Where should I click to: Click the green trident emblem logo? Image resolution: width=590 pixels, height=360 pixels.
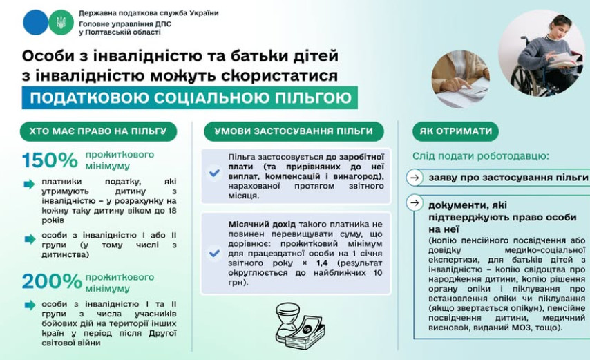coord(61,23)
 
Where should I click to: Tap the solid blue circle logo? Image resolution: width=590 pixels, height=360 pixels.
coord(35,23)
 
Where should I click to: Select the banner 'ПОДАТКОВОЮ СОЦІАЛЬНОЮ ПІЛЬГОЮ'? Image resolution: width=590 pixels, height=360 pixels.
coord(189,98)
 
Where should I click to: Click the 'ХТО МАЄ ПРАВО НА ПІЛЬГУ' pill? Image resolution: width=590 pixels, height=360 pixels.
coord(98,131)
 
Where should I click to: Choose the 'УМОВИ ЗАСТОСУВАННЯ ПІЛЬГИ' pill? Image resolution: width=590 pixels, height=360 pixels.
coord(294,131)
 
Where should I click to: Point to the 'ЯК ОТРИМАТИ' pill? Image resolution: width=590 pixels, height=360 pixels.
coord(456,131)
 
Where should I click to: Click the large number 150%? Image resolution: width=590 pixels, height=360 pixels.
coord(50,160)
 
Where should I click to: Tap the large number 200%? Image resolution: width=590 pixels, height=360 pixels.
coord(52,281)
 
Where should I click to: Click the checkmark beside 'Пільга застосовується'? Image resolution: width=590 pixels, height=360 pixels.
coord(214,173)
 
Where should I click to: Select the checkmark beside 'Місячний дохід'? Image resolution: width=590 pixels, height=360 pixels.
coord(214,253)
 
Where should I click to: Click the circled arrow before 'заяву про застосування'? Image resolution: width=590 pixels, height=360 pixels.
coord(415,178)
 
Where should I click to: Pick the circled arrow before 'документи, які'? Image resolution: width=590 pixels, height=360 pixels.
coord(415,203)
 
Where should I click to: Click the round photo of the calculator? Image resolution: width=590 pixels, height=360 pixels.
coord(460,79)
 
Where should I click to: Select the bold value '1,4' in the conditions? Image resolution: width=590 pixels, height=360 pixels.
coord(322,263)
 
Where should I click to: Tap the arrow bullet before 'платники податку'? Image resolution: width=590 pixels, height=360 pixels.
coord(29,184)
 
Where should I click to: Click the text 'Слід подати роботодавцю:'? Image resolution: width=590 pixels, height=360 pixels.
coord(481,156)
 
